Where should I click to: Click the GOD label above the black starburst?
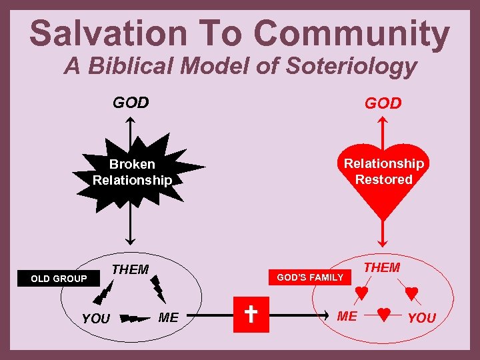click(x=131, y=103)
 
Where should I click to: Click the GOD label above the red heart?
click(x=383, y=103)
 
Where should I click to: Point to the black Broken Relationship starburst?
click(x=133, y=172)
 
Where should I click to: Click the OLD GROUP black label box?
click(x=59, y=279)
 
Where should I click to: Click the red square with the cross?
click(x=251, y=313)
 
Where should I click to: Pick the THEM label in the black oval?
click(x=130, y=270)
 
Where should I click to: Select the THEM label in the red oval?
click(x=382, y=267)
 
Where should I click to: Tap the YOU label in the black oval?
click(x=95, y=319)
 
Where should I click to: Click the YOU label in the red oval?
click(x=421, y=318)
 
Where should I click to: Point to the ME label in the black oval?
click(x=169, y=317)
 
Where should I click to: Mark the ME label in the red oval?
click(x=347, y=316)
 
